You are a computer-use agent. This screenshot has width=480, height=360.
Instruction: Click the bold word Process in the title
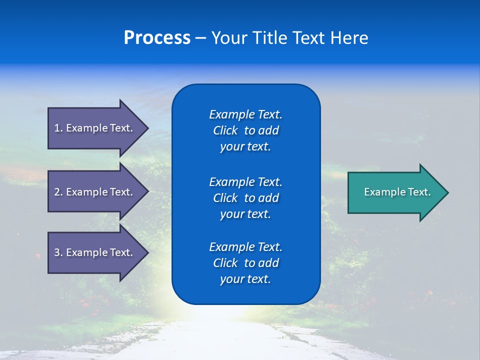(157, 38)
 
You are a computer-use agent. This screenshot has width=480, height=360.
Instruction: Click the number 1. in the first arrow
(58, 128)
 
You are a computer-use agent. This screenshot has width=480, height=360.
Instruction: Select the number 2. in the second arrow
(58, 192)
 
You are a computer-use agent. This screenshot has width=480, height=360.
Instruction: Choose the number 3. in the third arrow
(58, 253)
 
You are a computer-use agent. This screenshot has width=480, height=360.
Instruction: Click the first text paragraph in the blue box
(245, 130)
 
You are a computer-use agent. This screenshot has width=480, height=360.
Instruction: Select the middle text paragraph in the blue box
(245, 197)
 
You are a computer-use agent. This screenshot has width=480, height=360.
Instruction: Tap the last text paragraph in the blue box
(245, 263)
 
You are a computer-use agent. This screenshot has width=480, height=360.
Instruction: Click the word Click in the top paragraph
(225, 130)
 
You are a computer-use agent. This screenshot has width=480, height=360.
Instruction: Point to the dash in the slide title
(200, 38)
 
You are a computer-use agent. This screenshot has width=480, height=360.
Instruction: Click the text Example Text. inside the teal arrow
(397, 192)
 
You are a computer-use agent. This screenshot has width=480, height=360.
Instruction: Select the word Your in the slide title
(229, 38)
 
